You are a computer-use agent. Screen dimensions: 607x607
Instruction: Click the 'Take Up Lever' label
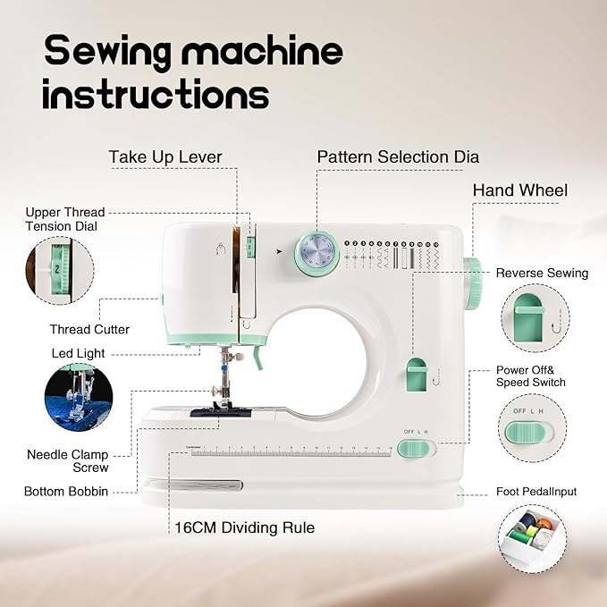pos(165,157)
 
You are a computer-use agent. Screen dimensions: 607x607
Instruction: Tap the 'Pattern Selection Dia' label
pos(398,157)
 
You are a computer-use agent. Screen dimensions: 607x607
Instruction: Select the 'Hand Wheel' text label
pos(519,190)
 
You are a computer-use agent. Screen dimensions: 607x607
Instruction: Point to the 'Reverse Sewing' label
pos(542,273)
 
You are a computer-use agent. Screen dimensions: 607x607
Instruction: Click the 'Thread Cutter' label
pos(89,329)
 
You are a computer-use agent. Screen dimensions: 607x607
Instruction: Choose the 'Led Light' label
pos(78,353)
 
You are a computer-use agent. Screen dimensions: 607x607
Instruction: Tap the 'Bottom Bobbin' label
pos(67,492)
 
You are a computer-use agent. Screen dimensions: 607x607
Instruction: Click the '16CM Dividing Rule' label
pos(244,527)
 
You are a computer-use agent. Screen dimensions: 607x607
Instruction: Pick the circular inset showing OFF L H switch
pos(533,430)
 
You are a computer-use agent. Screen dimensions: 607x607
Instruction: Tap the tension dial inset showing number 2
pos(59,269)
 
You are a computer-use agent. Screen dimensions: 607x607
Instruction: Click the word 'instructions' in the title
pos(156,94)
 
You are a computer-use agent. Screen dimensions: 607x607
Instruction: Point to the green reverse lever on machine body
pos(415,375)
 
